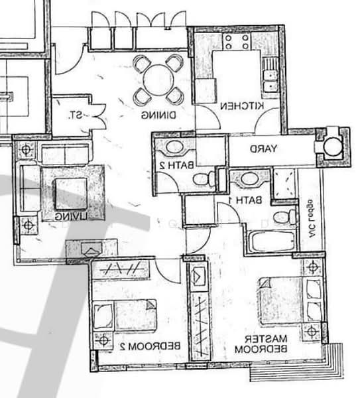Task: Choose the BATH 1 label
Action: [x=249, y=199]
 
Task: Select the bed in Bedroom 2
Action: [x=126, y=315]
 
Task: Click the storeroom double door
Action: [x=97, y=115]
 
